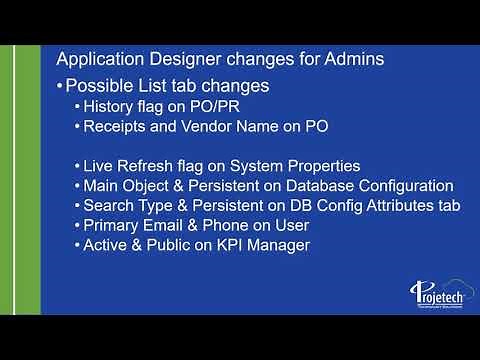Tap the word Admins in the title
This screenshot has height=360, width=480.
point(350,59)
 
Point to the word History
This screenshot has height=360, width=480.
point(111,107)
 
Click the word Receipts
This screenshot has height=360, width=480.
point(119,126)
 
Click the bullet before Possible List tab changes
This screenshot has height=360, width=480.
point(60,87)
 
